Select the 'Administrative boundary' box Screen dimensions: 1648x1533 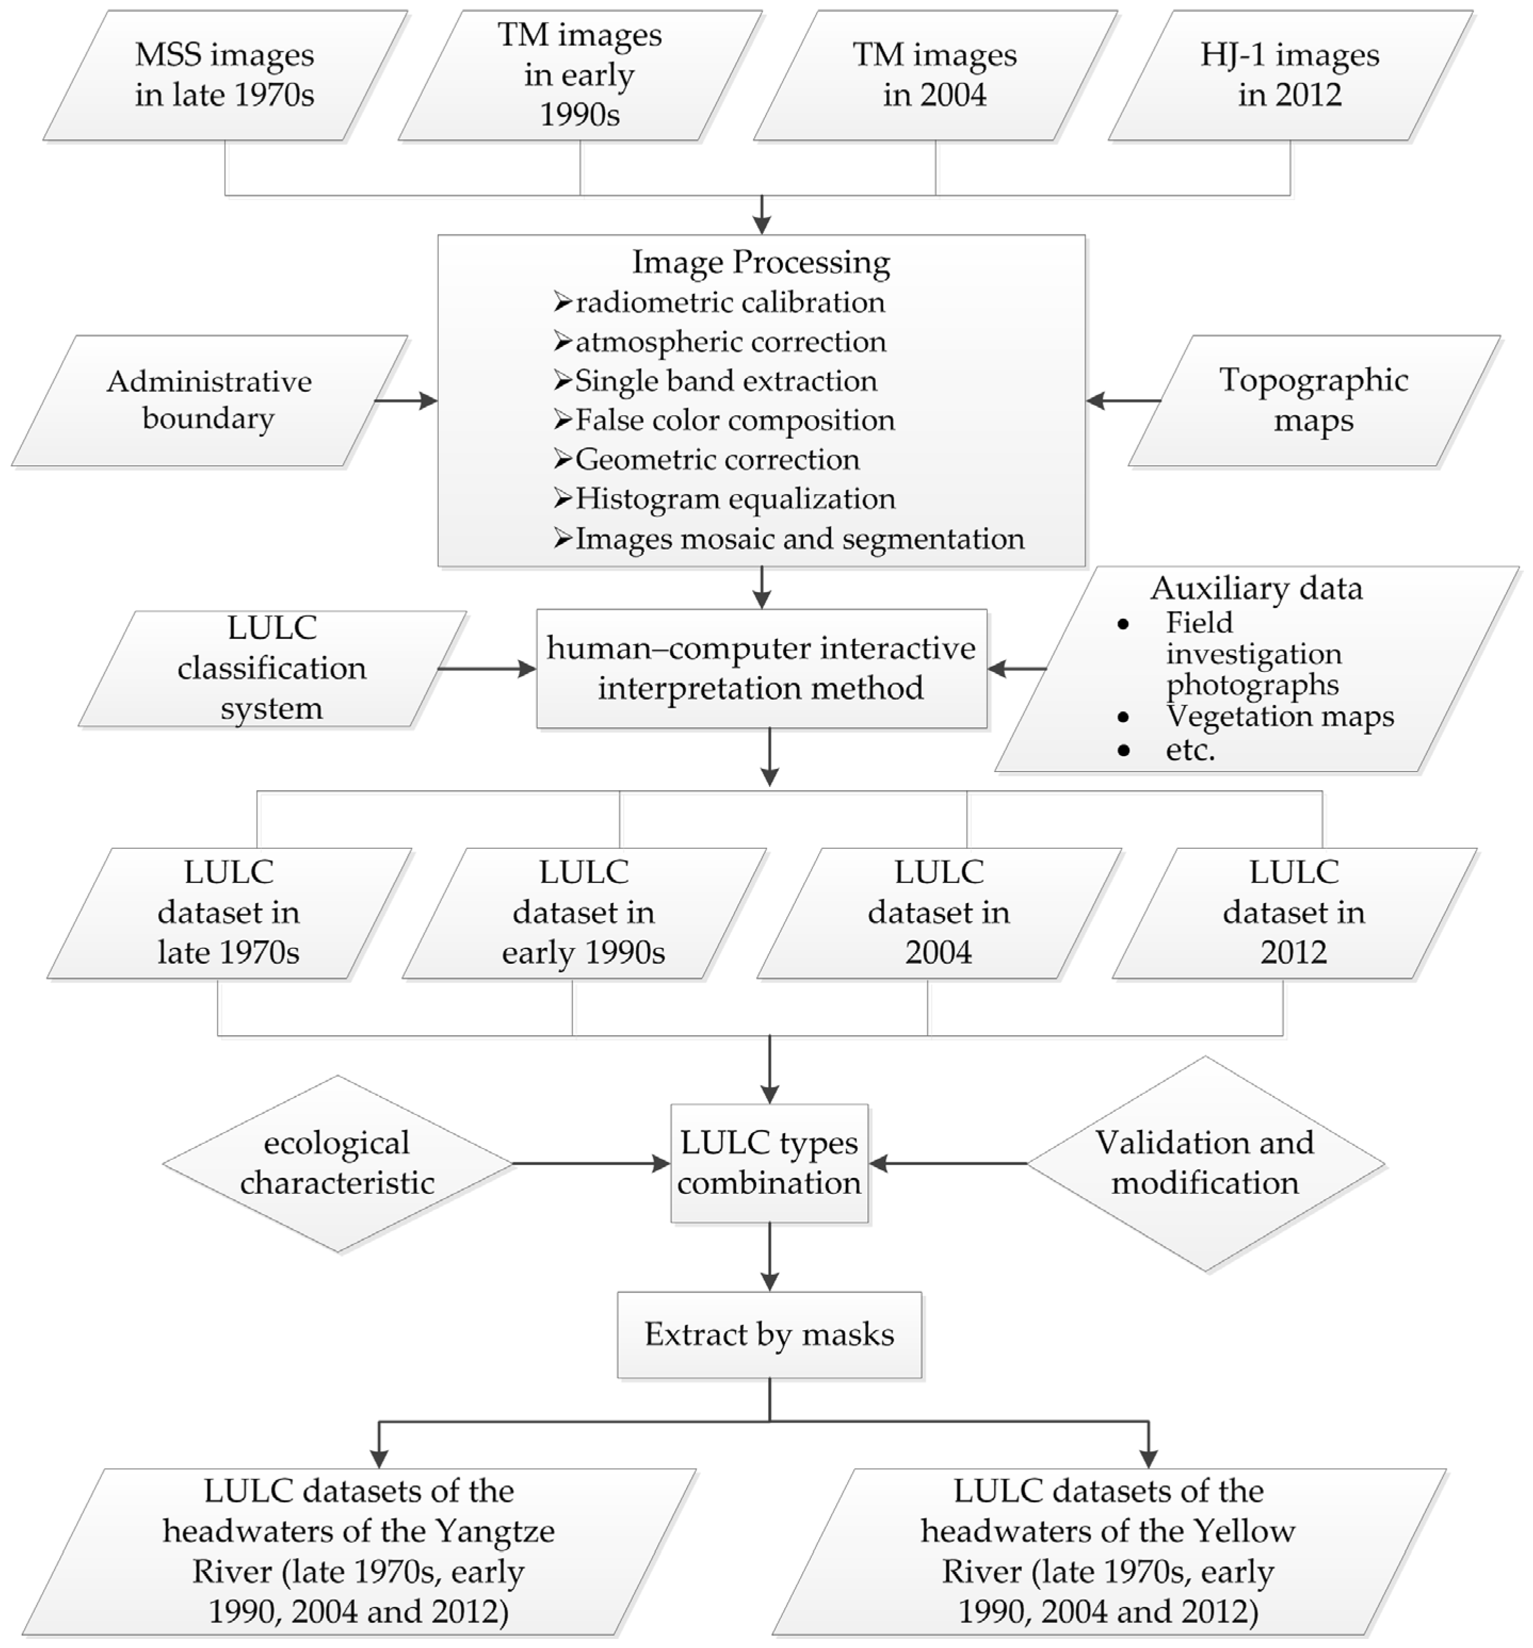coord(209,400)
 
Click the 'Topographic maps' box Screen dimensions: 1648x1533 coord(1314,400)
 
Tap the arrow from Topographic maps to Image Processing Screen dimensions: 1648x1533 coord(1123,400)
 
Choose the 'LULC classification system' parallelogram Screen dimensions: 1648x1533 coord(272,668)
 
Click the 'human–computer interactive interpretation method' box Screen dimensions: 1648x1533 coord(761,668)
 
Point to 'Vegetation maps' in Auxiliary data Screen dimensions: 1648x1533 coord(1279,716)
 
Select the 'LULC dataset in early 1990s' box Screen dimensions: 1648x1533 coord(584,912)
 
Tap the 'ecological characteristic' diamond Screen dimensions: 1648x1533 coord(338,1163)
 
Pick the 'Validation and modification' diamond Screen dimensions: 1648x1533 coord(1205,1163)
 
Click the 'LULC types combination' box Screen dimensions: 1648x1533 coord(769,1163)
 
